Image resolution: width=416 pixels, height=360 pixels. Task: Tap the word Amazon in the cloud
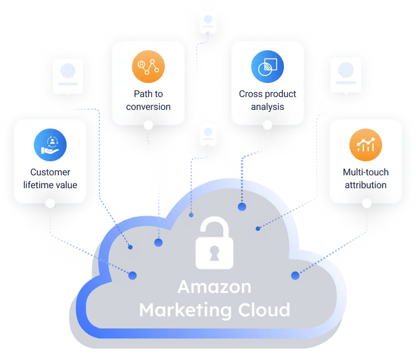214,287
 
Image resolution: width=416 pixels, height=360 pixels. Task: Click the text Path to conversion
148,100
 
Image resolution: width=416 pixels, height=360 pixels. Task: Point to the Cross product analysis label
268,100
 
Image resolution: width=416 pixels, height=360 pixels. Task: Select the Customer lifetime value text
50,178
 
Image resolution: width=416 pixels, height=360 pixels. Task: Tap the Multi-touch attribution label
366,178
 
